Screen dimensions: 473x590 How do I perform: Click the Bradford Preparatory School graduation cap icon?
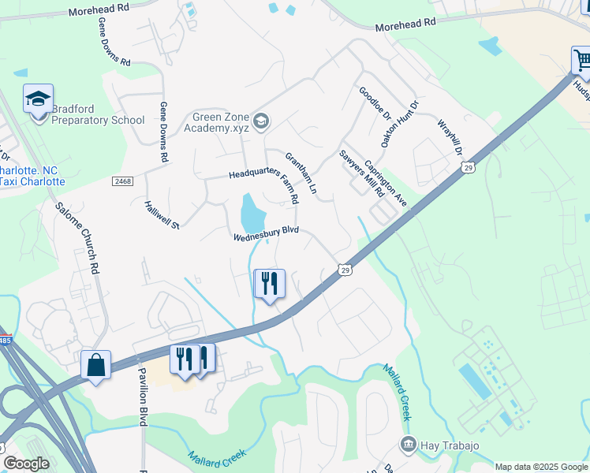[x=38, y=99]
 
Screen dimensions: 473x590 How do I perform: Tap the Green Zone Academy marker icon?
[x=262, y=121]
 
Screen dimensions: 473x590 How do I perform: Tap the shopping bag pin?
[x=95, y=365]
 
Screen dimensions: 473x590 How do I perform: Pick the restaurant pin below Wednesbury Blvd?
[x=269, y=284]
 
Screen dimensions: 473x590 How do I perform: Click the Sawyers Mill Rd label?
[x=361, y=173]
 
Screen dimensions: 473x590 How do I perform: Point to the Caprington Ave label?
[x=386, y=184]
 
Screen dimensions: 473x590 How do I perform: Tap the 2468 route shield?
[x=122, y=181]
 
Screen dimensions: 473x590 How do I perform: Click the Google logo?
[x=26, y=464]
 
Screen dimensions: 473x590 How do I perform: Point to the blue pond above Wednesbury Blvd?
[x=252, y=210]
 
